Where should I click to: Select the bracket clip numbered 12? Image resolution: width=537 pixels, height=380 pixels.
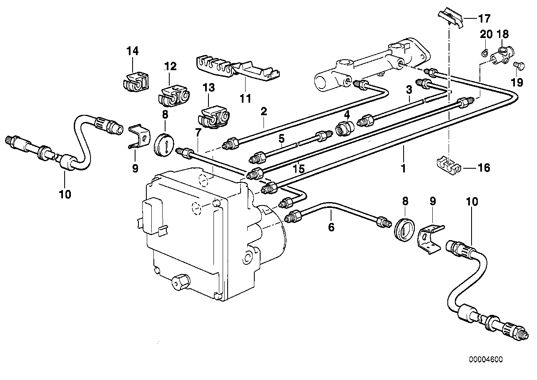(173, 96)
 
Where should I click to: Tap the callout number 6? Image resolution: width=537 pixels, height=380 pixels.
(331, 227)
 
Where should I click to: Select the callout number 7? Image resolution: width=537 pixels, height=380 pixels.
(198, 133)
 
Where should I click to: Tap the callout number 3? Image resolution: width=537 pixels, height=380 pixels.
(409, 89)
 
